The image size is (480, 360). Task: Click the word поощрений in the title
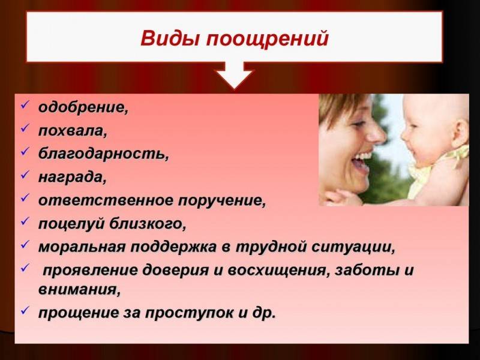click(268, 40)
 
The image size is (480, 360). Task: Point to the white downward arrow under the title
click(234, 75)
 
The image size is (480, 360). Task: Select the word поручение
click(220, 201)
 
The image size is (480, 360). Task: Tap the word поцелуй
click(71, 224)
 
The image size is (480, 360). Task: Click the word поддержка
click(174, 247)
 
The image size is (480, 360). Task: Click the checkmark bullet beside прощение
click(25, 310)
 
